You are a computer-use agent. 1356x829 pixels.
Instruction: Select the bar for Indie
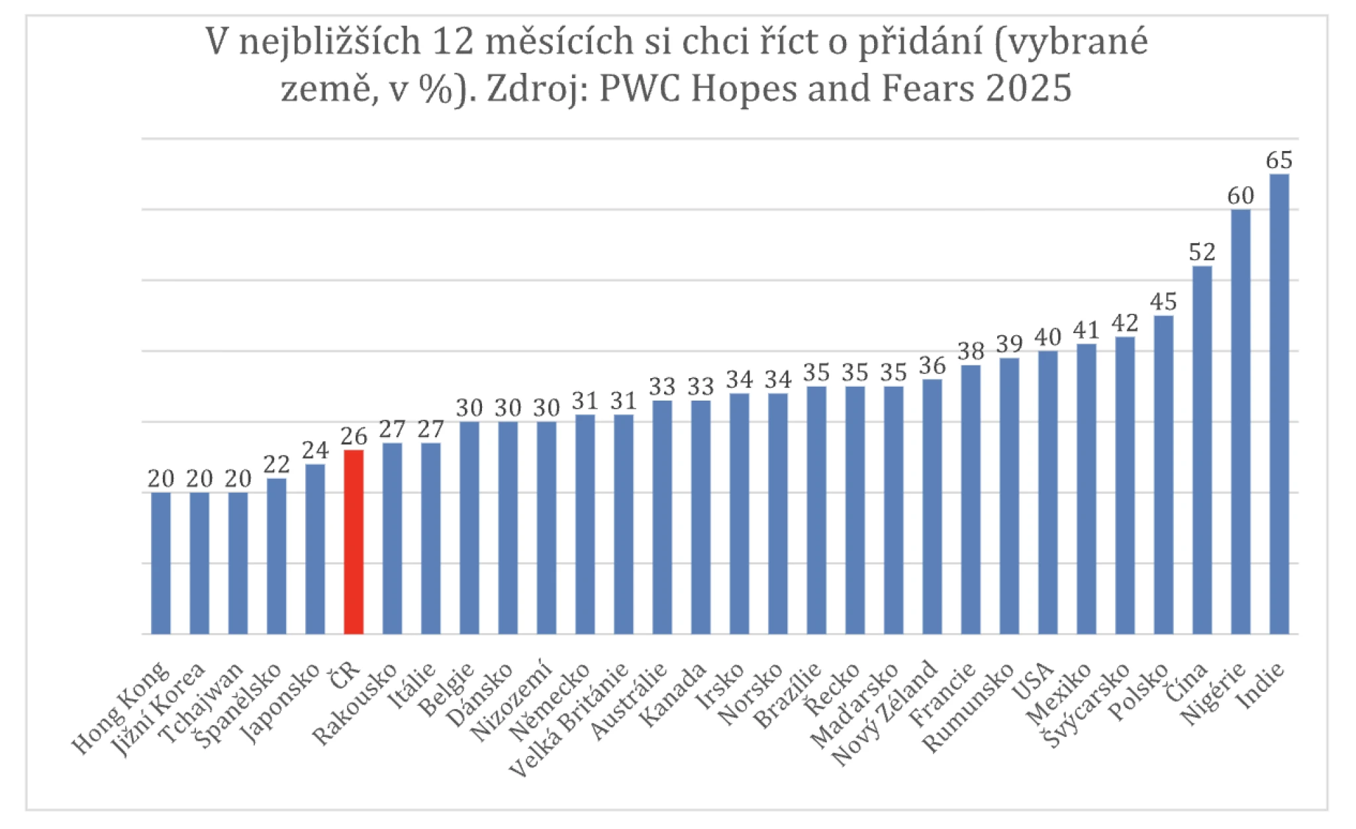1279,404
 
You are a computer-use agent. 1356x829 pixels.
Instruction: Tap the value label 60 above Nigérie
1240,196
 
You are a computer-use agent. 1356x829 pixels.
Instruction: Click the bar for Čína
1202,450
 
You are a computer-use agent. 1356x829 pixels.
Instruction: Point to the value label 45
1163,302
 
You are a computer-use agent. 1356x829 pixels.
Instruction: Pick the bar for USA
1047,493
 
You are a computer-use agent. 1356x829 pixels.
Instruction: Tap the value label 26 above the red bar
354,436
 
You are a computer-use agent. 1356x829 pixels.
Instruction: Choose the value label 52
1202,252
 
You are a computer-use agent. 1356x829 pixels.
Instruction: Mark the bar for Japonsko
315,549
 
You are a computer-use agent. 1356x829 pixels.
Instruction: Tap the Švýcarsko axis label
1088,705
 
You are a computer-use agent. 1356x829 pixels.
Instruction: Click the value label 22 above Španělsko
277,465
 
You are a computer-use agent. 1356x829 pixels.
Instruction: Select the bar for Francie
971,499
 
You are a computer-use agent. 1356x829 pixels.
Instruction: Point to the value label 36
932,366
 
